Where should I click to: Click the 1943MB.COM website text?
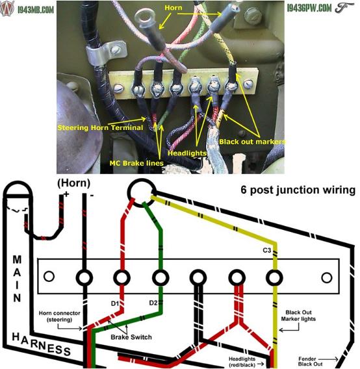click(x=36, y=9)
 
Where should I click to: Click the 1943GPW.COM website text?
click(x=309, y=8)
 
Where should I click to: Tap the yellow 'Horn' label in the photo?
click(x=174, y=8)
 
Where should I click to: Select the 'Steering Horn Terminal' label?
click(x=100, y=127)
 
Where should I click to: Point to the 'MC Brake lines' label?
click(x=136, y=163)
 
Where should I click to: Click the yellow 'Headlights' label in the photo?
click(x=187, y=153)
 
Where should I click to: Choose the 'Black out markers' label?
click(x=252, y=142)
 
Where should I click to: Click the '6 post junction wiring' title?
click(x=298, y=190)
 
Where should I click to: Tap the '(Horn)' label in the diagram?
click(x=73, y=183)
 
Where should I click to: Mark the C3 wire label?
click(x=267, y=250)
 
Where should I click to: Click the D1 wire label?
click(x=115, y=303)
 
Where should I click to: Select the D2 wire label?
click(x=153, y=303)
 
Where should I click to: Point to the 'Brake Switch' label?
click(x=131, y=337)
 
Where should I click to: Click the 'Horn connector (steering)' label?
click(x=59, y=316)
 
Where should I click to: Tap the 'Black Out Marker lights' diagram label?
click(x=298, y=316)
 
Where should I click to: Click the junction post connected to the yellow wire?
click(x=274, y=277)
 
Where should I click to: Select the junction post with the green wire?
click(x=161, y=277)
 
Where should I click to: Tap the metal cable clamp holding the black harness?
click(x=103, y=53)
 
